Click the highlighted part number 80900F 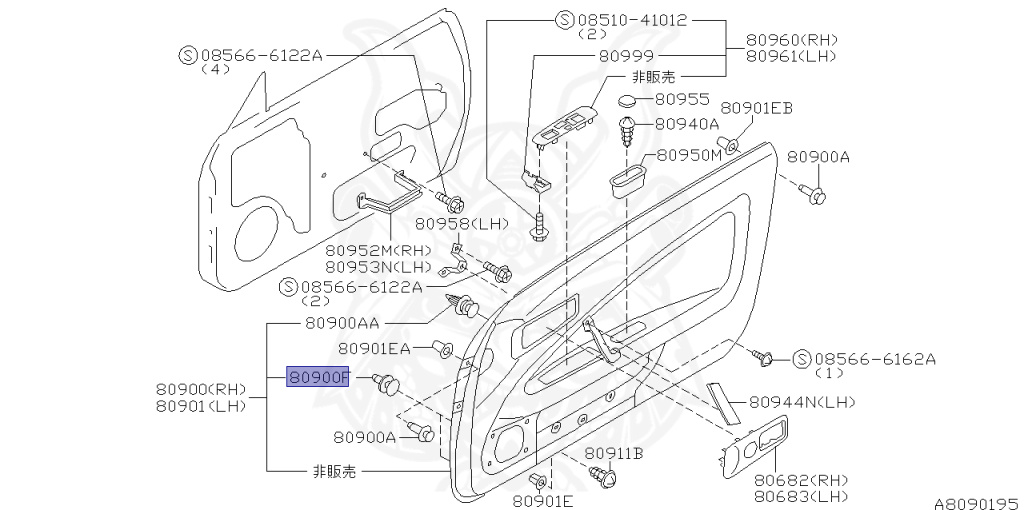coord(319,377)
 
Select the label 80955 coord(682,100)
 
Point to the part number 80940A coord(687,124)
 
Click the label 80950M coord(689,156)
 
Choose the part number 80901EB coord(756,108)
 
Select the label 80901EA coord(374,348)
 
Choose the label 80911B coord(613,454)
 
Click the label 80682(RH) coord(799,480)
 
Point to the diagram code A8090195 coord(976,503)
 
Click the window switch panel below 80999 coord(565,129)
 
